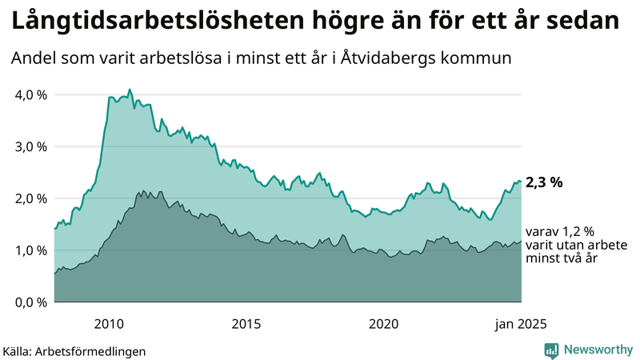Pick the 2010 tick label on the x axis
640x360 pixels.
(x=108, y=323)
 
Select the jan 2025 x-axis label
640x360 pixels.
(x=521, y=323)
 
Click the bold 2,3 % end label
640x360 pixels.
(x=546, y=182)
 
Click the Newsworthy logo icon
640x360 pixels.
(x=550, y=350)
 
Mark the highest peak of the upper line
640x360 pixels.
(x=130, y=90)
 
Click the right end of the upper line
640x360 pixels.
(x=521, y=182)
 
